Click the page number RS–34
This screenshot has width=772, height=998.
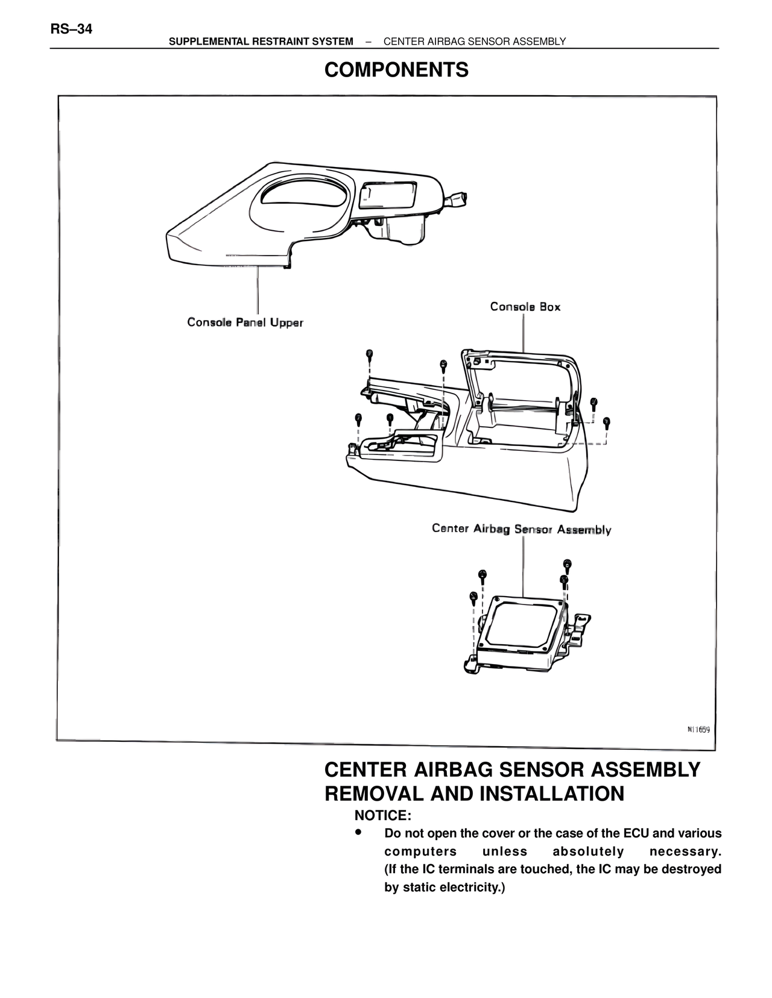click(71, 29)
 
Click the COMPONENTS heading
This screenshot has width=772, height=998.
click(396, 71)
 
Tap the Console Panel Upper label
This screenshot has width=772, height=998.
click(245, 322)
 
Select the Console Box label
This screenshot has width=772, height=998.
click(525, 307)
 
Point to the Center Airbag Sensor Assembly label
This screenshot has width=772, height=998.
click(521, 529)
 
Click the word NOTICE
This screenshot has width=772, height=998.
click(382, 815)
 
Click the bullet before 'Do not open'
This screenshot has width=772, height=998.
click(358, 832)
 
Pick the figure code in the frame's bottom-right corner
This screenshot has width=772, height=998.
click(698, 729)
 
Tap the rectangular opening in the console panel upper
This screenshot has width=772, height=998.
click(387, 195)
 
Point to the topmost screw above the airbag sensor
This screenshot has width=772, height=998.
click(567, 564)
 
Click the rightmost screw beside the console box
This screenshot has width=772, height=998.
click(606, 421)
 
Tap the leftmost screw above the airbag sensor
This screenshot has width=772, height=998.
click(473, 596)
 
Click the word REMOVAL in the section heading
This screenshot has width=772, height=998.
click(374, 794)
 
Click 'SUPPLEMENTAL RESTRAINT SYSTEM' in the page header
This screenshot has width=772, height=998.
click(261, 42)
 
